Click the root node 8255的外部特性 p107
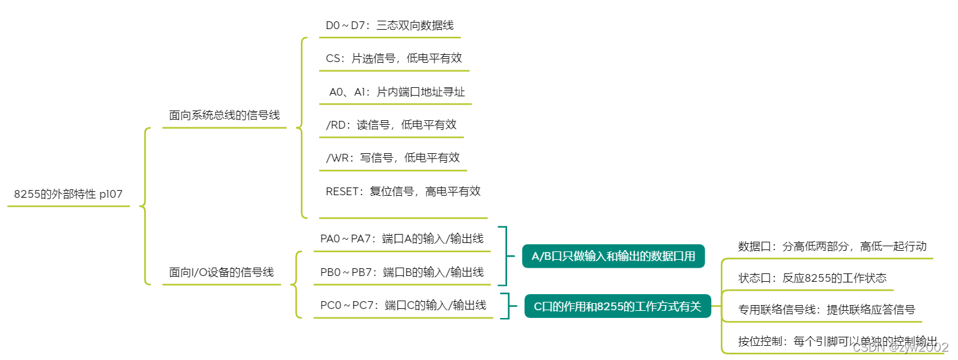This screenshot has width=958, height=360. click(x=68, y=194)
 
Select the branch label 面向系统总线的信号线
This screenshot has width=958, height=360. click(x=224, y=116)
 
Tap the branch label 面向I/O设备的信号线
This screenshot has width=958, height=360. click(x=221, y=273)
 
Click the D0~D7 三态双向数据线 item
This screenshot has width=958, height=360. click(x=390, y=25)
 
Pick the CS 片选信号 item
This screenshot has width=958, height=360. click(x=393, y=58)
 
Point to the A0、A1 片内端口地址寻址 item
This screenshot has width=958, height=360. click(x=397, y=92)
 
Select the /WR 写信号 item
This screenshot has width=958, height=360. click(x=393, y=158)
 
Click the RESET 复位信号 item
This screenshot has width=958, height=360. click(x=403, y=191)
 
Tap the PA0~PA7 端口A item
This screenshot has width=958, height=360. click(x=402, y=238)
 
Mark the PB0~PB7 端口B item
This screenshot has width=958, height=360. click(x=402, y=272)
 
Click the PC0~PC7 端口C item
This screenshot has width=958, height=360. click(x=403, y=305)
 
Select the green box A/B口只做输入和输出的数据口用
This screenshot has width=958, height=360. click(x=613, y=257)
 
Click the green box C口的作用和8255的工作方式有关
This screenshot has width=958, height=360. click(x=617, y=306)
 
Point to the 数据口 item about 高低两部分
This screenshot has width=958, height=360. click(x=832, y=246)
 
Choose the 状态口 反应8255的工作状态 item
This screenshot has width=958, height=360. click(x=812, y=278)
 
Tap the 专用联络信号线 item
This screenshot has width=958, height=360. click(x=826, y=310)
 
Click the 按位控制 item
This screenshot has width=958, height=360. click(x=837, y=341)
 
